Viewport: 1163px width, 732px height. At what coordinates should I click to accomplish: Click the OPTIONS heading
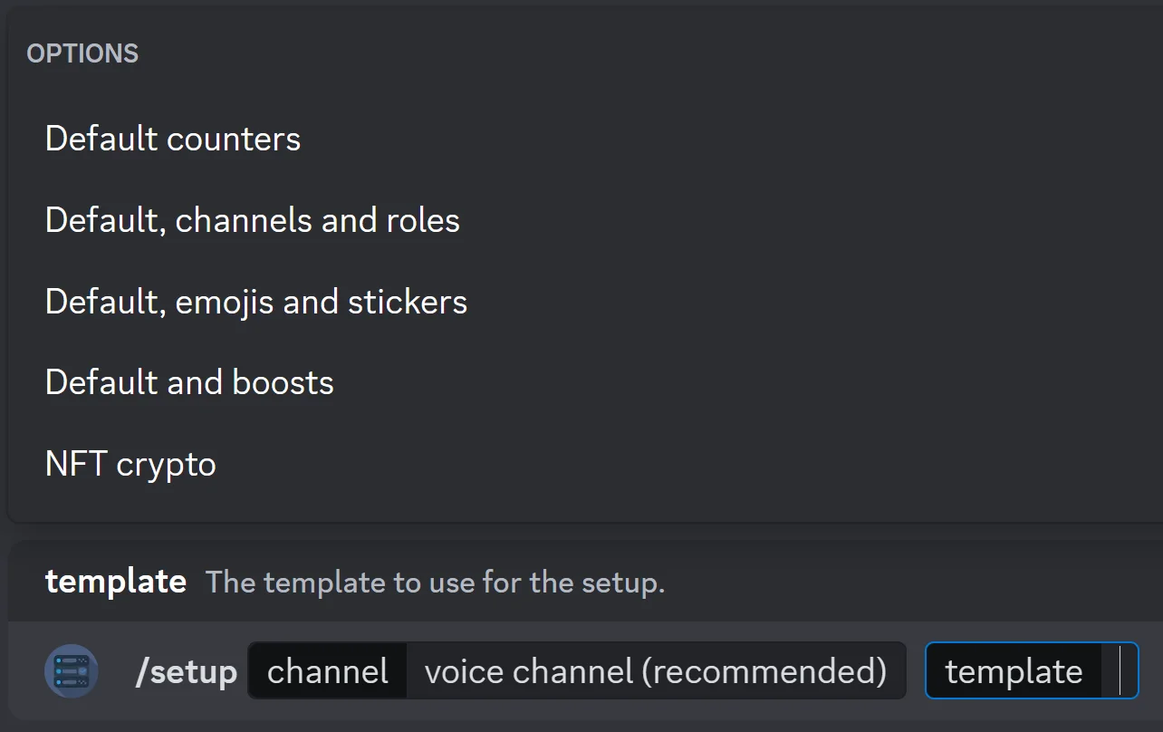(82, 53)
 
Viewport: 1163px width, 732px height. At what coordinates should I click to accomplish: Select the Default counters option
(173, 140)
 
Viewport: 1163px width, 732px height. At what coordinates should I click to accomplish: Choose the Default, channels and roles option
(253, 221)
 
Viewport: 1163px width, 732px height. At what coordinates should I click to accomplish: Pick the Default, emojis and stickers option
(256, 302)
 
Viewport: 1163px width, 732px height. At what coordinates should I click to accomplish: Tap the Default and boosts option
(189, 383)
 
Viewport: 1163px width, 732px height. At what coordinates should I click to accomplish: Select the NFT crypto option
(130, 465)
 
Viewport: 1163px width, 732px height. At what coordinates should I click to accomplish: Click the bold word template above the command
(116, 581)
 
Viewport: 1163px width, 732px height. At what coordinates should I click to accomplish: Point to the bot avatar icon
(71, 671)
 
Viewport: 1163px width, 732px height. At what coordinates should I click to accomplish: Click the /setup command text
(186, 672)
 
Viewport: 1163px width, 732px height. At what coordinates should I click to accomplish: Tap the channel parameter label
(328, 672)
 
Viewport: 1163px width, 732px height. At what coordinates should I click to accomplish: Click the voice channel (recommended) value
(656, 672)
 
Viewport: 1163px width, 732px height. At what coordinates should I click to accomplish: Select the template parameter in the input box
(1014, 672)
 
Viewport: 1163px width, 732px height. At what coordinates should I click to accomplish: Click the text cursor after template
(1120, 671)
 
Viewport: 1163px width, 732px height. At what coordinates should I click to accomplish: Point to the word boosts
(284, 383)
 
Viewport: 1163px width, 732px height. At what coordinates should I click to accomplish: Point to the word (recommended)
(769, 672)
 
